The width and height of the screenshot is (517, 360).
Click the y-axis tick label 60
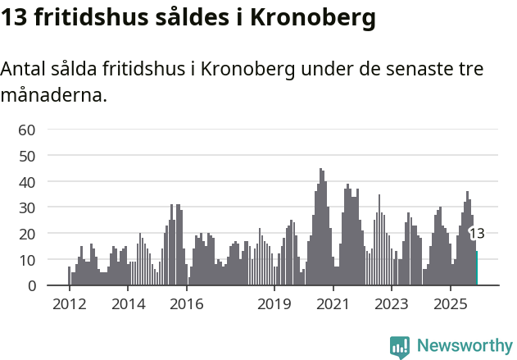pos(27,129)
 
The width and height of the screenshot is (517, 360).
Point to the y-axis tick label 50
pos(27,155)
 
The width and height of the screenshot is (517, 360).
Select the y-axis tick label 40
pos(27,181)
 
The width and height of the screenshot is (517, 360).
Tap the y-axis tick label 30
pos(27,207)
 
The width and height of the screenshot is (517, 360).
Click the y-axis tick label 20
pos(27,234)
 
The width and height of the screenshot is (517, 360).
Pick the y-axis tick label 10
pos(27,260)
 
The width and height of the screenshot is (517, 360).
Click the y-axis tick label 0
pos(31,286)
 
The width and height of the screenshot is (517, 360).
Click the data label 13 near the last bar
pos(476,234)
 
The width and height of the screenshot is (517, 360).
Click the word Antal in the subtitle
pos(24,69)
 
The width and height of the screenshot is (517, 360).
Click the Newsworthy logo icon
pos(400,346)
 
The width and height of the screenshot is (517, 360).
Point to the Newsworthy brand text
pos(464,346)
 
